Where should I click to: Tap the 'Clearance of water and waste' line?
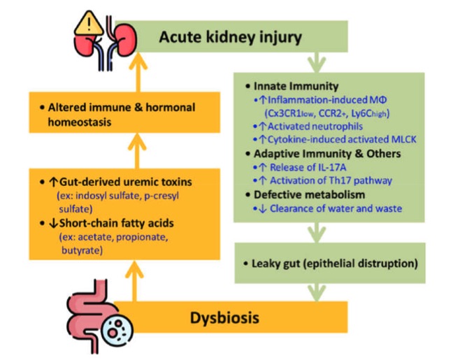(x=336, y=208)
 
